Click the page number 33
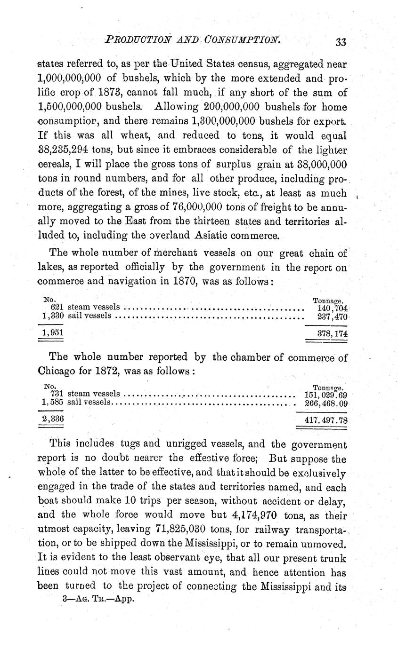pos(341,42)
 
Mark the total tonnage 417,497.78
pos(326,420)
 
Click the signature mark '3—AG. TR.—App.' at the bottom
pos(98,600)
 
